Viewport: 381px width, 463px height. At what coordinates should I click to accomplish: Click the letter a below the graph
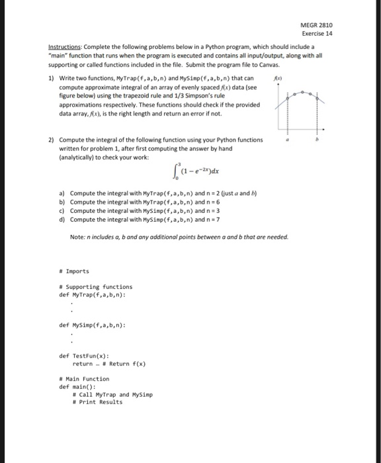coord(286,141)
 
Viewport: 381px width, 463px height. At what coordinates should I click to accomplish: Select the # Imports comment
coord(73,271)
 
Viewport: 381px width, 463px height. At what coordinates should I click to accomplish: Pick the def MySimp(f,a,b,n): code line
coord(92,325)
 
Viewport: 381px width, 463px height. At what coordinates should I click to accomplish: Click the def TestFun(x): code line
coord(84,356)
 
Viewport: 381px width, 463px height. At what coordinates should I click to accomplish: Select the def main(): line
coord(77,386)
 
